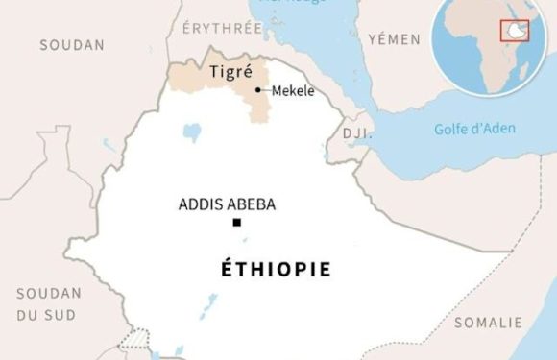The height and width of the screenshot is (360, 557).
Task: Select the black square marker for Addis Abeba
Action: [x=236, y=224]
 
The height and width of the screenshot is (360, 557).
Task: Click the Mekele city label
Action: [x=293, y=91]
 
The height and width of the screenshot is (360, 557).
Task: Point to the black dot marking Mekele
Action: [x=257, y=90]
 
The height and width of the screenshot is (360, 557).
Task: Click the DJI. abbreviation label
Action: [x=356, y=133]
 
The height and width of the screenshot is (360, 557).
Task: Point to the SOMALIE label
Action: [x=488, y=322]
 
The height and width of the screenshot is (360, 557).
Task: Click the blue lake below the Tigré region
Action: [x=192, y=129]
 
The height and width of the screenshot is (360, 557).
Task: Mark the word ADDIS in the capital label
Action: [x=200, y=204]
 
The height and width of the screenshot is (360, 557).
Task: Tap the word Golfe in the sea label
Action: [x=450, y=130]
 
